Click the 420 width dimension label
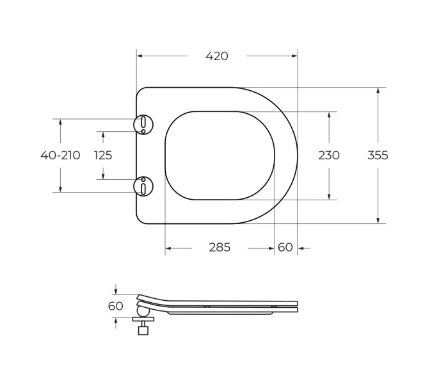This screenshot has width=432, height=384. pos(217,56)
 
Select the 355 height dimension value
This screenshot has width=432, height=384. pos(378,156)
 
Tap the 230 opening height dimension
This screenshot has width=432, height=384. pos(329,156)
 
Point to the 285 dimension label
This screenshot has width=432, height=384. pos(220,248)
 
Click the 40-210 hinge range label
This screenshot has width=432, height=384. pos(60,156)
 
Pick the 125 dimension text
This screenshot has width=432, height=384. pos(103,156)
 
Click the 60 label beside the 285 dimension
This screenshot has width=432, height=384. pos(285,248)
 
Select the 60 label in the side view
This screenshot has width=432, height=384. pos(115,306)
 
